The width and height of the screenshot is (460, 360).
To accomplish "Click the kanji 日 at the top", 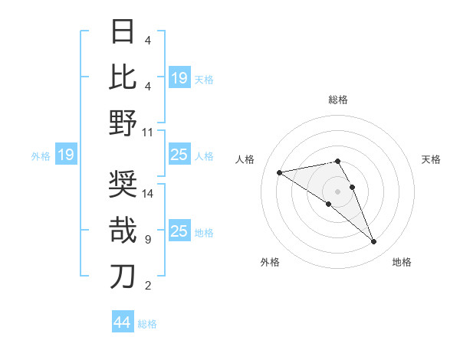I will click(x=123, y=32).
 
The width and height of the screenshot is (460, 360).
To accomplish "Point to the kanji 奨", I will click(x=123, y=185).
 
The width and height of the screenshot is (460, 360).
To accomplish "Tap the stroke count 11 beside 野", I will click(x=148, y=132).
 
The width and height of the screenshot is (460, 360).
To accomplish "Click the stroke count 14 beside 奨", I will click(x=148, y=194).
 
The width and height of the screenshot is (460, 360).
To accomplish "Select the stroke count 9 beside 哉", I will click(x=147, y=240).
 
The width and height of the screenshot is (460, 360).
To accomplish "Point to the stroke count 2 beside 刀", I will click(x=147, y=286).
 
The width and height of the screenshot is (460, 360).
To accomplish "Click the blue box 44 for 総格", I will click(x=123, y=322).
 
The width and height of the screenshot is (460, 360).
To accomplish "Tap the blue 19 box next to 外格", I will click(x=65, y=155).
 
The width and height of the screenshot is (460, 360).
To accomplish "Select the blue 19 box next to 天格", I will click(x=179, y=78).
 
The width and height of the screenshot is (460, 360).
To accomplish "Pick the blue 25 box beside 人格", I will click(x=179, y=155).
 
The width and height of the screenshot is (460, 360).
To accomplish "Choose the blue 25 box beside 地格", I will click(x=179, y=231).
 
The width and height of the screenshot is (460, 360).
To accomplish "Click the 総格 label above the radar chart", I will click(x=337, y=100).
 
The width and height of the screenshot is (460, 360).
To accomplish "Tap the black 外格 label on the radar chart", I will click(x=269, y=262).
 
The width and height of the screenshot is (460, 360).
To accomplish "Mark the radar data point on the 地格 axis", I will click(x=374, y=242).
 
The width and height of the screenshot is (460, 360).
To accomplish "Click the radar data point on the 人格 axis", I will click(x=279, y=172).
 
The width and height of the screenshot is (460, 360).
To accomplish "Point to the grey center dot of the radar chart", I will click(x=337, y=191).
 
